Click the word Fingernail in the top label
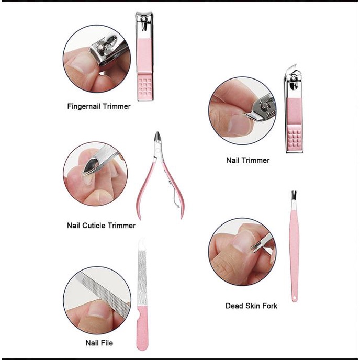pos(84,107)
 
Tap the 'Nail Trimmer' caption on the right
pos(248,160)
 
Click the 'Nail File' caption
pos(99,343)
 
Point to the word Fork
pos(269,306)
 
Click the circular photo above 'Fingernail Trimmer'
pos(97,59)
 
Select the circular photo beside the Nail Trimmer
pos(242,111)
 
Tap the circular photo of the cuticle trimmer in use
pos(96,174)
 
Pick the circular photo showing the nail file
pos(97,300)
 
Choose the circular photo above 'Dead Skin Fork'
pos(242,252)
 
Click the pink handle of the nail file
pos(142,327)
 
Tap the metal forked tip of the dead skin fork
pos(294,195)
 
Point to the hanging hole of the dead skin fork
pos(295,298)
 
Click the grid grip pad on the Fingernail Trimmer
pos(145,87)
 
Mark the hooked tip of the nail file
pos(142,243)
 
